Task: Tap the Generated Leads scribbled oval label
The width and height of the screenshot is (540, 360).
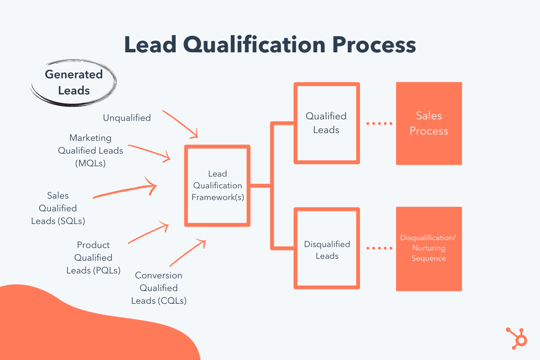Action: pyautogui.click(x=74, y=82)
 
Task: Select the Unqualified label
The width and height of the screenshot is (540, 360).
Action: pyautogui.click(x=127, y=118)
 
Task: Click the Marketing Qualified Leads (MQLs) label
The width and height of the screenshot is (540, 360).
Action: pyautogui.click(x=90, y=151)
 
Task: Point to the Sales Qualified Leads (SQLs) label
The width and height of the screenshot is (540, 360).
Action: pyautogui.click(x=58, y=208)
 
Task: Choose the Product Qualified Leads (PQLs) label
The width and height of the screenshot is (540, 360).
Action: pyautogui.click(x=93, y=257)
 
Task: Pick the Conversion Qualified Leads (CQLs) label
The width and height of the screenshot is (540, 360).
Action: pyautogui.click(x=158, y=288)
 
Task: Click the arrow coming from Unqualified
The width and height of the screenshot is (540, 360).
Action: pyautogui.click(x=180, y=124)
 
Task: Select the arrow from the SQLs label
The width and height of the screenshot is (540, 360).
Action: pyautogui.click(x=125, y=191)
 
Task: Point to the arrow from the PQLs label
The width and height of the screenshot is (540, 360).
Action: pyautogui.click(x=148, y=233)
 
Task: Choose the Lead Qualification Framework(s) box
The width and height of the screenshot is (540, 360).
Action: pyautogui.click(x=217, y=186)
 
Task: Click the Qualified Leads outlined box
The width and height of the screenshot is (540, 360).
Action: pyautogui.click(x=326, y=123)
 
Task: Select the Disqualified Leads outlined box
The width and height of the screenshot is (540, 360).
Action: pyautogui.click(x=327, y=249)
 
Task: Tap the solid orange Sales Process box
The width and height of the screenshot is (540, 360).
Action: pyautogui.click(x=429, y=123)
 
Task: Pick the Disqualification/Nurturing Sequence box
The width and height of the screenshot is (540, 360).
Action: pyautogui.click(x=429, y=248)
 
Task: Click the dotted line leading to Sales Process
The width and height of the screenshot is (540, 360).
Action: pyautogui.click(x=380, y=124)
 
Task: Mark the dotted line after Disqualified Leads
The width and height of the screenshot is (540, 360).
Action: pyautogui.click(x=380, y=248)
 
